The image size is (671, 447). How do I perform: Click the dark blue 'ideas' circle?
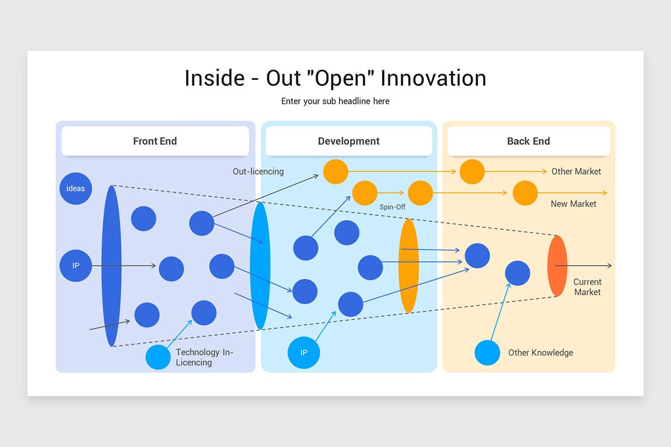click(75, 188)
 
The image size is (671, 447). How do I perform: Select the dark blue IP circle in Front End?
click(75, 265)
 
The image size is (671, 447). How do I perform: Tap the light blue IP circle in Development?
click(304, 353)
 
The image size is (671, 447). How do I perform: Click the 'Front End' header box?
click(155, 141)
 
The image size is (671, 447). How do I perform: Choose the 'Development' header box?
click(349, 141)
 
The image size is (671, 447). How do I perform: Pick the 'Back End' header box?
click(529, 141)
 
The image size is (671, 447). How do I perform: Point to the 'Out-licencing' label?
click(258, 172)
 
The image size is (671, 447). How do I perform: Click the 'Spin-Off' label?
click(393, 207)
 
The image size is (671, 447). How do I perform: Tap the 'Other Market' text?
click(576, 172)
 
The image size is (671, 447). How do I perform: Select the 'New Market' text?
click(573, 204)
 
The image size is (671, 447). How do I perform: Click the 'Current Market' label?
click(587, 287)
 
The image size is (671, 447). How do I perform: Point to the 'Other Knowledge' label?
click(540, 353)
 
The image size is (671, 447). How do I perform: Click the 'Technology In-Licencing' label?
click(204, 357)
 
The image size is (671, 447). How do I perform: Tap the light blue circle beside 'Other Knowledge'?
click(488, 353)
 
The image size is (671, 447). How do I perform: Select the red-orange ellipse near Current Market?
click(557, 266)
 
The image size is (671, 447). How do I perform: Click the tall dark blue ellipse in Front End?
click(111, 266)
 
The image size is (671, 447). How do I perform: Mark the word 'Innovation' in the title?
click(433, 78)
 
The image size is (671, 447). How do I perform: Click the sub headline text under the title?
click(335, 101)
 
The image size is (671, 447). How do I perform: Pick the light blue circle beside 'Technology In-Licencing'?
click(158, 357)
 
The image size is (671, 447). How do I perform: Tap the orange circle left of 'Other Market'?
click(472, 172)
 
